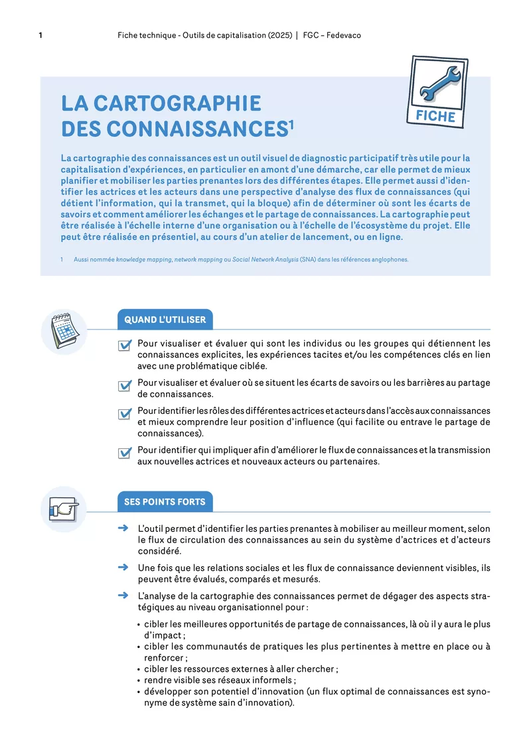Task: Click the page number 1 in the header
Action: point(41,35)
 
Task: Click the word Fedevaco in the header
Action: point(343,35)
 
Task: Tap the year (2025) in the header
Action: point(280,35)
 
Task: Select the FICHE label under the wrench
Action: point(435,117)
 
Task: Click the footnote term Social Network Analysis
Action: point(260,259)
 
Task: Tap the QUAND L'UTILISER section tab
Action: point(165,320)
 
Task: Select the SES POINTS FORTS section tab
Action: point(165,502)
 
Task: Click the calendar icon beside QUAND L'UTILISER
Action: point(64,330)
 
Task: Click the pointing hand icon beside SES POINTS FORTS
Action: point(64,509)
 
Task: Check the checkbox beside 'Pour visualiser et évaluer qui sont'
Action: point(124,345)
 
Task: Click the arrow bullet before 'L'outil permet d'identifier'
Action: point(122,529)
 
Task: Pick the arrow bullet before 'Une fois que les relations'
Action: point(122,568)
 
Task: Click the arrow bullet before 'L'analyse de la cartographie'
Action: point(122,595)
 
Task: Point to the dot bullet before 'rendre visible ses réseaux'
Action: point(137,680)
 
